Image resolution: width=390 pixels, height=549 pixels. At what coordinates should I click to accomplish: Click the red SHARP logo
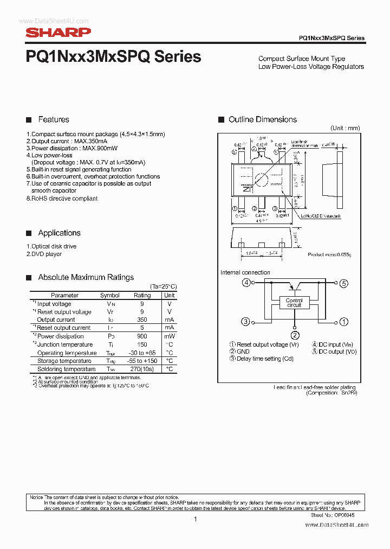tap(58, 33)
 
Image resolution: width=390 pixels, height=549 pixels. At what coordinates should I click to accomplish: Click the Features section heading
tap(53, 119)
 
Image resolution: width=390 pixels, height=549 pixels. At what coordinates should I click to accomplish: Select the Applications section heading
tap(59, 233)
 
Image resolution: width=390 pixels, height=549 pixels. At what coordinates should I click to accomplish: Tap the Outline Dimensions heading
tap(262, 119)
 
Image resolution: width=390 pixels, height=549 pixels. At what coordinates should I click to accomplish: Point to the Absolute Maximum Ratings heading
tap(86, 277)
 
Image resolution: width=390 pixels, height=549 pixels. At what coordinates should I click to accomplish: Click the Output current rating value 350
tap(142, 320)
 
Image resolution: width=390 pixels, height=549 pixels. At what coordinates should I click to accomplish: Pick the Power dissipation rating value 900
tap(142, 336)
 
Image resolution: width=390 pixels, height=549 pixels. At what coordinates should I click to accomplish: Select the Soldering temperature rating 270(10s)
tap(142, 369)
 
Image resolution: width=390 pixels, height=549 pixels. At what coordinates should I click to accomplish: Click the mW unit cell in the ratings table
tap(170, 336)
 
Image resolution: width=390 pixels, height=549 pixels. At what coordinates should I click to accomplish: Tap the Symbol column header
tap(110, 296)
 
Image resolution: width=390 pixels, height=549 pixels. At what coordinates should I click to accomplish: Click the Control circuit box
tap(294, 303)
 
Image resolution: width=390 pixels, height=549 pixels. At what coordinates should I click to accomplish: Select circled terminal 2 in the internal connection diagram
tap(295, 335)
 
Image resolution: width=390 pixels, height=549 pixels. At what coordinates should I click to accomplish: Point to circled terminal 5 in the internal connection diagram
tap(343, 283)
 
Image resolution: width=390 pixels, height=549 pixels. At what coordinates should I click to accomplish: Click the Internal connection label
tap(245, 272)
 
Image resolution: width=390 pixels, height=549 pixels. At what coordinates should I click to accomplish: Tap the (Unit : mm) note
tap(345, 128)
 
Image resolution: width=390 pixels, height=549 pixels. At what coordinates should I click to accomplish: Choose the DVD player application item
tap(44, 254)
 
